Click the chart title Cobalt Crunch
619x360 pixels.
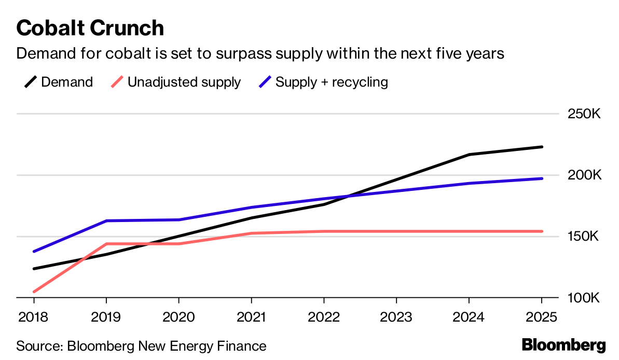point(90,27)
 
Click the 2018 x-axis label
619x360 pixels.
point(34,317)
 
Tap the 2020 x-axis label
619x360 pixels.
point(178,317)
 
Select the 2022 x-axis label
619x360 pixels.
point(324,317)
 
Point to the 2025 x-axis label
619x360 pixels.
point(541,317)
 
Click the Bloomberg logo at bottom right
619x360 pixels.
point(563,345)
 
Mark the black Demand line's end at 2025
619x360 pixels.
point(542,147)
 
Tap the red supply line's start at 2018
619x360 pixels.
point(34,292)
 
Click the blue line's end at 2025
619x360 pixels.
point(542,178)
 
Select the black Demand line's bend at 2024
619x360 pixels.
point(469,155)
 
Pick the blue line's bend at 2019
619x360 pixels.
point(106,221)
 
